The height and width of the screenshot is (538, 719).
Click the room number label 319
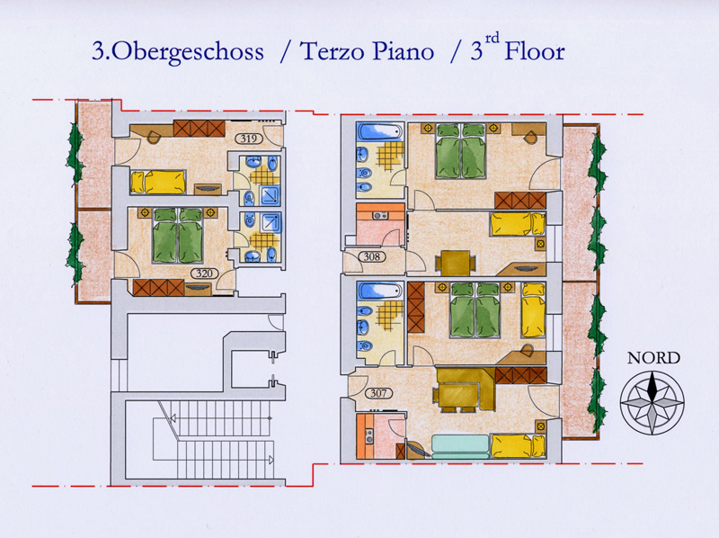click(x=249, y=139)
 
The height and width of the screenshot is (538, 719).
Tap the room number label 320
click(x=205, y=273)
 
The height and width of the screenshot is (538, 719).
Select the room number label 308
click(x=372, y=256)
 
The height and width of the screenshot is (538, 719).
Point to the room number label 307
click(x=378, y=393)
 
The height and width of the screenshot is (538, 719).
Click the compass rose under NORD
click(x=652, y=403)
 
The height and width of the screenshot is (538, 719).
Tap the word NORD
click(x=653, y=358)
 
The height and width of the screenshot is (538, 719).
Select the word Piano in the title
click(x=403, y=51)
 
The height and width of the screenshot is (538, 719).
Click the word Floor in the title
click(x=535, y=51)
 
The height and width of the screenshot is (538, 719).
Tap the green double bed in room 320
click(x=177, y=236)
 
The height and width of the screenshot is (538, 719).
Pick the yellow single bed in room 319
click(x=158, y=182)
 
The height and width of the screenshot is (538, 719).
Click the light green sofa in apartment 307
click(x=461, y=446)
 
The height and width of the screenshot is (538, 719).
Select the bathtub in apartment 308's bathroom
click(x=380, y=131)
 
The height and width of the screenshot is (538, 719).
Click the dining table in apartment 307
click(x=457, y=396)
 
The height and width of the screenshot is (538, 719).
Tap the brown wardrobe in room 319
click(x=199, y=129)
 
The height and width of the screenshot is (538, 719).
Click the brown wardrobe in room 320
click(x=159, y=287)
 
